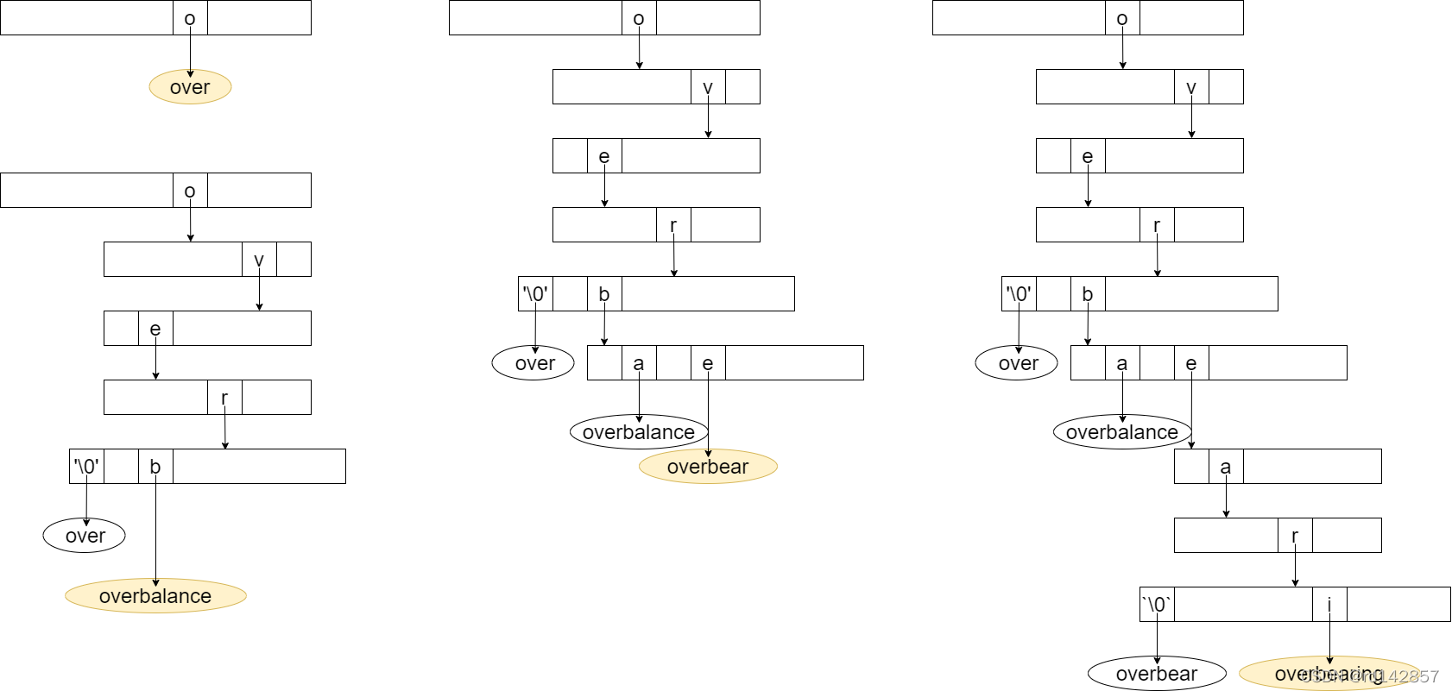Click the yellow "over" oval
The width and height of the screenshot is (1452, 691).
[x=190, y=87]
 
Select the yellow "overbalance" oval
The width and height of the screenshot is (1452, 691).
[x=155, y=596]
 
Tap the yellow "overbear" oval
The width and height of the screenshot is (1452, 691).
[x=708, y=467]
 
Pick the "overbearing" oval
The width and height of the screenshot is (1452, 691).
[x=1329, y=674]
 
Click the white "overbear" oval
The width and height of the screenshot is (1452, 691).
[x=1157, y=674]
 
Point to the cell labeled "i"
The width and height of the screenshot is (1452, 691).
[x=1329, y=605]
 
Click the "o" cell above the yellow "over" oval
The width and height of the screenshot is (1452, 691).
[x=190, y=18]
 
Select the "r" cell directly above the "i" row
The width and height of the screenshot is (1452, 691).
[x=1295, y=536]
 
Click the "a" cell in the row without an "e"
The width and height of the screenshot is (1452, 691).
[x=1226, y=467]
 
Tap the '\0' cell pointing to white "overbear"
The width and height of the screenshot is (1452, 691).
[x=1157, y=605]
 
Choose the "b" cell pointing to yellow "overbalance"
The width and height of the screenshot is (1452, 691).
[x=155, y=467]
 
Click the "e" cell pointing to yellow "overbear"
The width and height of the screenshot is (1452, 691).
[x=708, y=363]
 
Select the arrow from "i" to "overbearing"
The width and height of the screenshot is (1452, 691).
[x=1329, y=638]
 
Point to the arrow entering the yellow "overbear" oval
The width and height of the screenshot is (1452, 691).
[x=708, y=414]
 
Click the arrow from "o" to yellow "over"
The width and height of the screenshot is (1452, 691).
[x=190, y=52]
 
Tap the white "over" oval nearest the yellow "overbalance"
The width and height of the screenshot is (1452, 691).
[x=85, y=536]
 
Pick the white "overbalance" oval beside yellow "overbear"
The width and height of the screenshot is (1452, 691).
[x=639, y=432]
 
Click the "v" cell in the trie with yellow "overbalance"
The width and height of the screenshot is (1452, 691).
[x=259, y=260]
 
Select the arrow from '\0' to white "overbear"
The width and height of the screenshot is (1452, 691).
[x=1157, y=638]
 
